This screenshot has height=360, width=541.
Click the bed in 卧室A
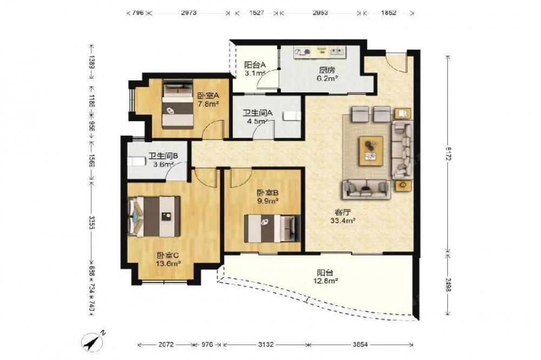[x=177, y=104]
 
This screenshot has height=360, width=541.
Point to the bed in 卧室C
[x=154, y=217]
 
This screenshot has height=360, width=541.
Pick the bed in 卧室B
[x=272, y=228]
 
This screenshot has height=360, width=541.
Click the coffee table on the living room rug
[x=371, y=151]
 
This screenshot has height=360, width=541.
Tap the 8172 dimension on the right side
[x=448, y=154]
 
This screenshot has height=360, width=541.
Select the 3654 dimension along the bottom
[x=360, y=344]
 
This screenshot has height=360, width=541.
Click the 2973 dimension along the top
[x=188, y=13]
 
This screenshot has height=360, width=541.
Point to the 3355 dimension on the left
[x=92, y=223]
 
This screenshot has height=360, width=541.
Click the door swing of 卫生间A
[x=263, y=129]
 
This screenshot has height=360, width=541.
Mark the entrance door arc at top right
[x=396, y=63]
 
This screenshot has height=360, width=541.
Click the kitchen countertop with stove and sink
[x=320, y=52]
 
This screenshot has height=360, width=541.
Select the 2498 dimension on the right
[x=448, y=285]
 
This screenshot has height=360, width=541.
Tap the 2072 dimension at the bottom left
[x=166, y=344]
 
